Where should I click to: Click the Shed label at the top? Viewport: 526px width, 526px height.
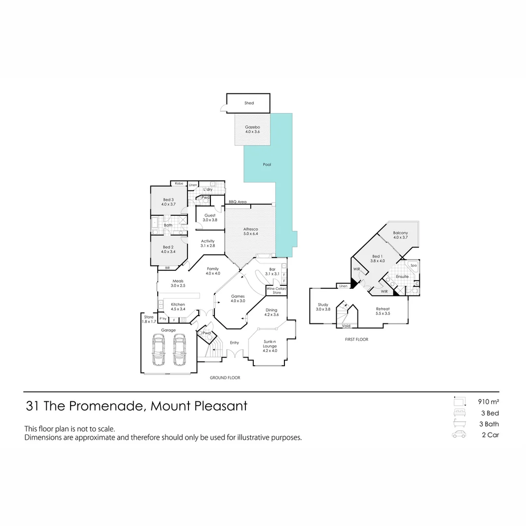(x=249, y=103)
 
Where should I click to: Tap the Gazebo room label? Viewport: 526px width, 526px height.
(x=252, y=127)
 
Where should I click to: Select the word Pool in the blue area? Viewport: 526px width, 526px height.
(x=267, y=165)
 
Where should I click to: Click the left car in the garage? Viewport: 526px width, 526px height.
(x=158, y=349)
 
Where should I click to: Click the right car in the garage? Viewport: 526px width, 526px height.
(x=179, y=349)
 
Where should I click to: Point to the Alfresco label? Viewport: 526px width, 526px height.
(x=250, y=229)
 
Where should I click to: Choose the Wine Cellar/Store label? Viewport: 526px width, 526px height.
(x=277, y=291)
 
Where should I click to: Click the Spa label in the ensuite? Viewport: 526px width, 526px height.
(x=413, y=265)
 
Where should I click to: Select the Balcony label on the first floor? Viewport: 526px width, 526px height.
(x=400, y=233)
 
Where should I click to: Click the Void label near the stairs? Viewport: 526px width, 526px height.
(x=346, y=326)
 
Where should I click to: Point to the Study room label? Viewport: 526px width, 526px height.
(x=323, y=305)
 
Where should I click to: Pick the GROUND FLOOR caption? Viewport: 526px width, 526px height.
(x=225, y=378)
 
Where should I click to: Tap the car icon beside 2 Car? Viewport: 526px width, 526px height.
(x=459, y=435)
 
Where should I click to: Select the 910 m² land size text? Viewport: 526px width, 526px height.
(x=488, y=402)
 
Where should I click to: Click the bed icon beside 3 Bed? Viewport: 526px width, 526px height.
(x=459, y=413)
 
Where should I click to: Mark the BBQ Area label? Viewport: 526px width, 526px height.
(x=238, y=202)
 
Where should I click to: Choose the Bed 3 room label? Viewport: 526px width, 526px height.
(x=168, y=200)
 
